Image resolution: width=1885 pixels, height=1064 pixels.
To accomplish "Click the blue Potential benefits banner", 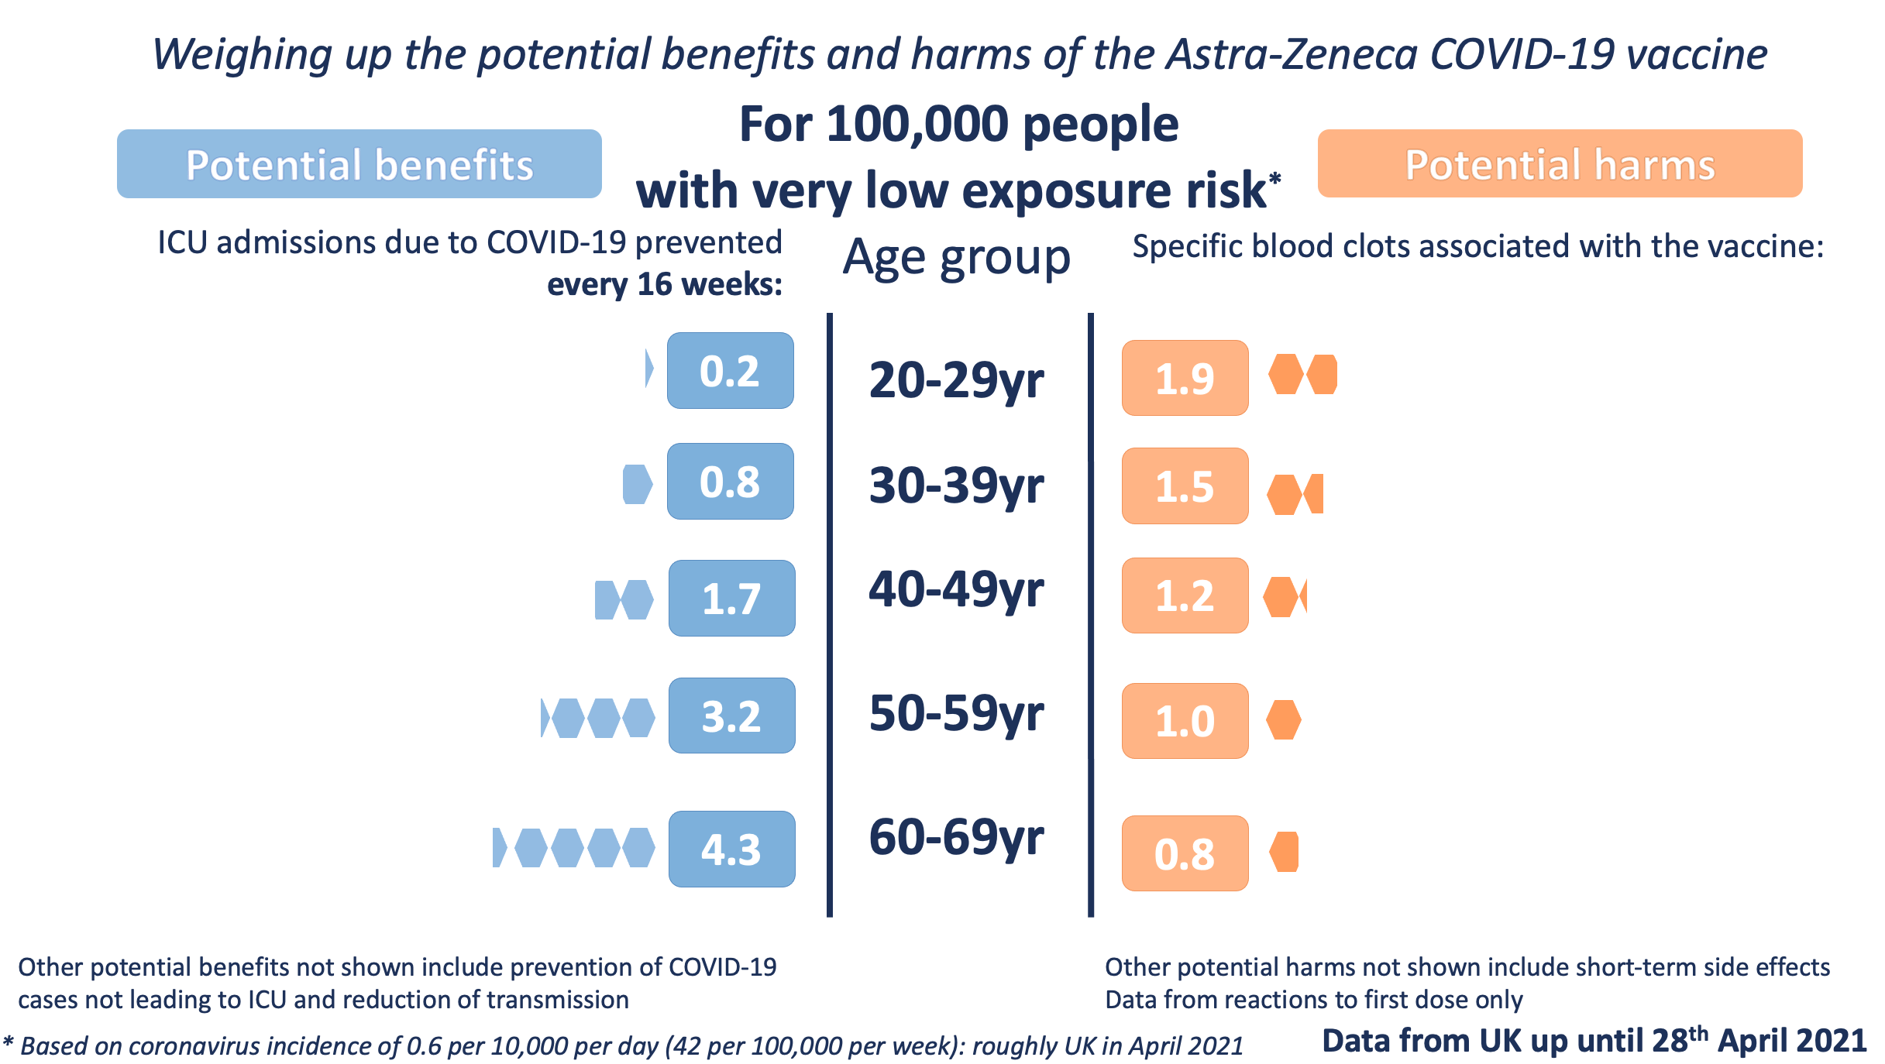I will tap(359, 164).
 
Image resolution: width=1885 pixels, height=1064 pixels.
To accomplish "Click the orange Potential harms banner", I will tap(1560, 164).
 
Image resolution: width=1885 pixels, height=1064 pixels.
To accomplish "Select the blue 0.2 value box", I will tap(730, 371).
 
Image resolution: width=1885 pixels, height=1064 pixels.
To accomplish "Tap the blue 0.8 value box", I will tap(730, 482).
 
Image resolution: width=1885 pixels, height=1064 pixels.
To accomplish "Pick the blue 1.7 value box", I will tap(731, 599).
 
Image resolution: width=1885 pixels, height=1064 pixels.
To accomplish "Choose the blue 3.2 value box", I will tap(731, 716).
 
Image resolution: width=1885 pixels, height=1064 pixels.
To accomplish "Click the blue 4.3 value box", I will tap(731, 849).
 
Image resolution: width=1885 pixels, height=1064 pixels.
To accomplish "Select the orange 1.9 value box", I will tap(1185, 379).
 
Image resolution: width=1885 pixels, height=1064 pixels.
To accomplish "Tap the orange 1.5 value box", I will tap(1185, 486).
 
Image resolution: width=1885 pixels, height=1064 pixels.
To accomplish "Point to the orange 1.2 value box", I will tap(1185, 596).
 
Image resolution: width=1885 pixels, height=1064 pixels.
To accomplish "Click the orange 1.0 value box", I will tap(1185, 721).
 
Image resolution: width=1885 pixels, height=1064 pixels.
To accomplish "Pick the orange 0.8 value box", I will tap(1185, 853).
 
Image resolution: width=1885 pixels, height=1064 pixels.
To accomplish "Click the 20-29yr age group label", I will tap(956, 381).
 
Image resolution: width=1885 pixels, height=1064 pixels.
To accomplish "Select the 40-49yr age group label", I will tap(956, 590).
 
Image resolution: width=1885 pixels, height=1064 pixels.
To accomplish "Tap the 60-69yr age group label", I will tap(956, 838).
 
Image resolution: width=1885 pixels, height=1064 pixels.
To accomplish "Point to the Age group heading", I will tap(956, 257).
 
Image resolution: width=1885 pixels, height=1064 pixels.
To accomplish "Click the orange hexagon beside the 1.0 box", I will tap(1284, 720).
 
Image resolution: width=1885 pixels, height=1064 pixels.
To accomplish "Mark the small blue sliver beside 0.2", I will tap(649, 369).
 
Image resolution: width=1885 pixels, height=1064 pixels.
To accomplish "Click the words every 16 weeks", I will tap(664, 285).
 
